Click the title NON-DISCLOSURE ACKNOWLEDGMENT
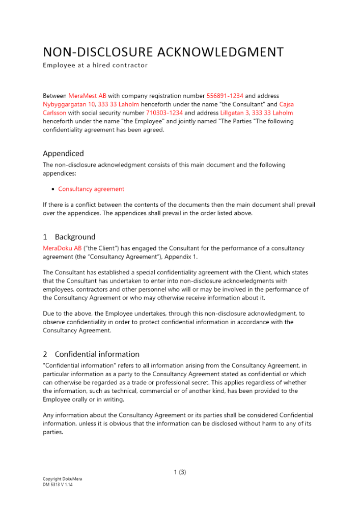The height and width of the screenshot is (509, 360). click(x=163, y=52)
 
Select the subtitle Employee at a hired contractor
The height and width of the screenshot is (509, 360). click(x=95, y=65)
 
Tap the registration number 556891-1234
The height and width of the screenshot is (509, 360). click(x=225, y=96)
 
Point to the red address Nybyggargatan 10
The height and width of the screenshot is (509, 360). click(x=69, y=104)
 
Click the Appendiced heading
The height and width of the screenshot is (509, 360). click(x=63, y=153)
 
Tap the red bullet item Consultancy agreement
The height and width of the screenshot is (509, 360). click(x=91, y=189)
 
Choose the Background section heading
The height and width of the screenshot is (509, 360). click(x=75, y=237)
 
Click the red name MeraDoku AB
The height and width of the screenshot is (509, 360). click(x=62, y=248)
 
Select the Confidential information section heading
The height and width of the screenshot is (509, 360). click(x=97, y=354)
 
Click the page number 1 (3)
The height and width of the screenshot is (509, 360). click(x=180, y=472)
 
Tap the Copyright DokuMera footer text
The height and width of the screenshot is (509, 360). click(x=62, y=479)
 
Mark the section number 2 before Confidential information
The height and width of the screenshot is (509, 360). click(x=45, y=354)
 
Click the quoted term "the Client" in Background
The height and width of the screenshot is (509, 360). click(x=99, y=248)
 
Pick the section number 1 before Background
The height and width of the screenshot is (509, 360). click(x=45, y=237)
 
